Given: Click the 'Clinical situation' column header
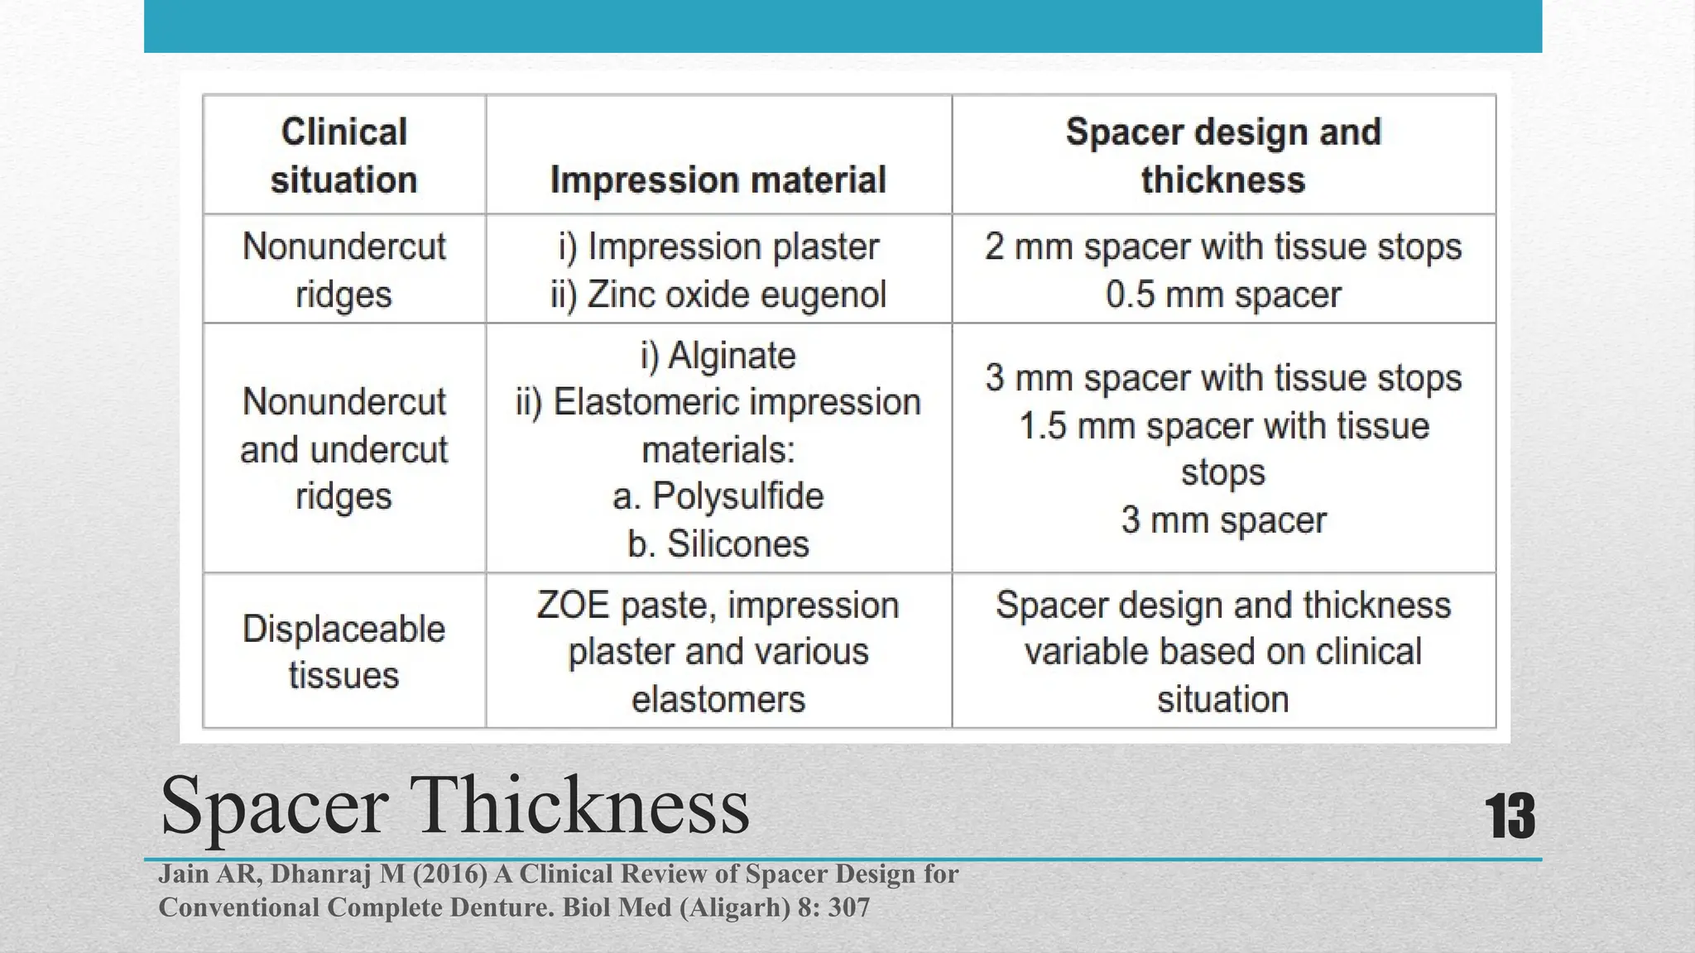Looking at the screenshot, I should [x=343, y=156].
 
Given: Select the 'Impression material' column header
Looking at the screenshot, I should [x=718, y=180].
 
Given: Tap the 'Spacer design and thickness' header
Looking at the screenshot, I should [x=1222, y=156].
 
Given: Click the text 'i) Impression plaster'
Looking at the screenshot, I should [x=718, y=247].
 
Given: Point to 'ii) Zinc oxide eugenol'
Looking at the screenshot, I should [x=718, y=295].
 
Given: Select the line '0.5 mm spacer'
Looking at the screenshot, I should [x=1222, y=295].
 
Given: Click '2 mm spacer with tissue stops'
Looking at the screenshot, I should [x=1222, y=247].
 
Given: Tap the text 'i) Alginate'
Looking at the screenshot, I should [x=718, y=355].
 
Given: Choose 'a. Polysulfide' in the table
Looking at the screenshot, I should [x=718, y=496].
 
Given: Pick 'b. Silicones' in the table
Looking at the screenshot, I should [x=718, y=544].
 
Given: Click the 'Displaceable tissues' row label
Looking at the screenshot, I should [x=343, y=652].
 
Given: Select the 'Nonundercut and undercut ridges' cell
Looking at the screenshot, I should [x=343, y=448].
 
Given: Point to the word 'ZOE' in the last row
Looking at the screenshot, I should [x=573, y=605].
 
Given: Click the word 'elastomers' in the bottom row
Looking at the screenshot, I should [x=718, y=699].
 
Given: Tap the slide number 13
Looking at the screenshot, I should [x=1510, y=817].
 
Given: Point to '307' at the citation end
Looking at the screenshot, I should [x=848, y=908].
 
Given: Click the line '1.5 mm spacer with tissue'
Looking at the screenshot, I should [x=1222, y=426].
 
